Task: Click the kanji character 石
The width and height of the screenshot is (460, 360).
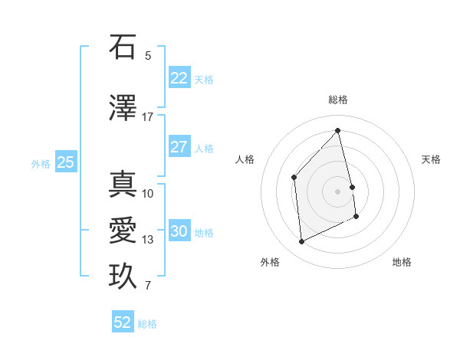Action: coord(122,47)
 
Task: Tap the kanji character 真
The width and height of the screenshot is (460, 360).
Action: coord(122,185)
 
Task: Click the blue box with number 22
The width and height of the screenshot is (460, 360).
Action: coord(179,78)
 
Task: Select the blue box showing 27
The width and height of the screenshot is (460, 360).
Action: coord(179,147)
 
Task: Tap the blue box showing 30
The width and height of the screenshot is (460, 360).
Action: coord(179,231)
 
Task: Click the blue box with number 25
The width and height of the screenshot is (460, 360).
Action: coord(65,162)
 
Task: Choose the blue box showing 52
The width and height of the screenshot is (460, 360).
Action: coord(123,322)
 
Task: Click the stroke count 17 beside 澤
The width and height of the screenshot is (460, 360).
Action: coord(148,117)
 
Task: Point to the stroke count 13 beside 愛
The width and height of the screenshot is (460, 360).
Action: coord(148,240)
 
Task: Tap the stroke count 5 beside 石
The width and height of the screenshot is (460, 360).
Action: coord(148,55)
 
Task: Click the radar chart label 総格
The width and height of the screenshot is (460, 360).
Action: coord(338,100)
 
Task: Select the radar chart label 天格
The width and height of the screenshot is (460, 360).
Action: coord(431,159)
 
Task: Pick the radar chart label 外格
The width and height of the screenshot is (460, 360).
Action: coord(270,262)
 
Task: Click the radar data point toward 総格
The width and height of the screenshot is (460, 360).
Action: coord(338,130)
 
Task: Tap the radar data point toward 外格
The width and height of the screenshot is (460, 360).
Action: coord(301,242)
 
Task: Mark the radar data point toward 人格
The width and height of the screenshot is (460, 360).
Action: coord(294,178)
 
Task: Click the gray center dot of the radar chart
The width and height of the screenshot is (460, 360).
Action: coord(338,191)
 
